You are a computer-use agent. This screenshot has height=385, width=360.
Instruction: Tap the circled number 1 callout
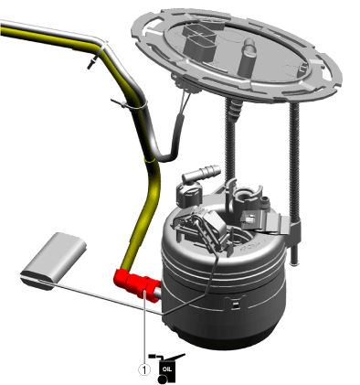coord(144,369)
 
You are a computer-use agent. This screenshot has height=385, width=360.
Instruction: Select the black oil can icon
coord(166,368)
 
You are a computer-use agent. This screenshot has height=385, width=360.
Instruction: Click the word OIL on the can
coord(167,369)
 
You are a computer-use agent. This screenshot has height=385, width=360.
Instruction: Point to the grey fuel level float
coord(54,262)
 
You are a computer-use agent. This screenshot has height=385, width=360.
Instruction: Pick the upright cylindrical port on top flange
coord(248,57)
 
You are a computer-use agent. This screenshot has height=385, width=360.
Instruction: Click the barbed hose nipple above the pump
coord(201,173)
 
